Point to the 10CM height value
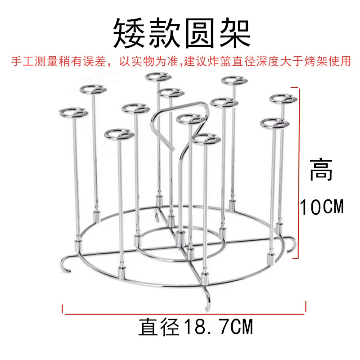(x=321, y=207)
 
